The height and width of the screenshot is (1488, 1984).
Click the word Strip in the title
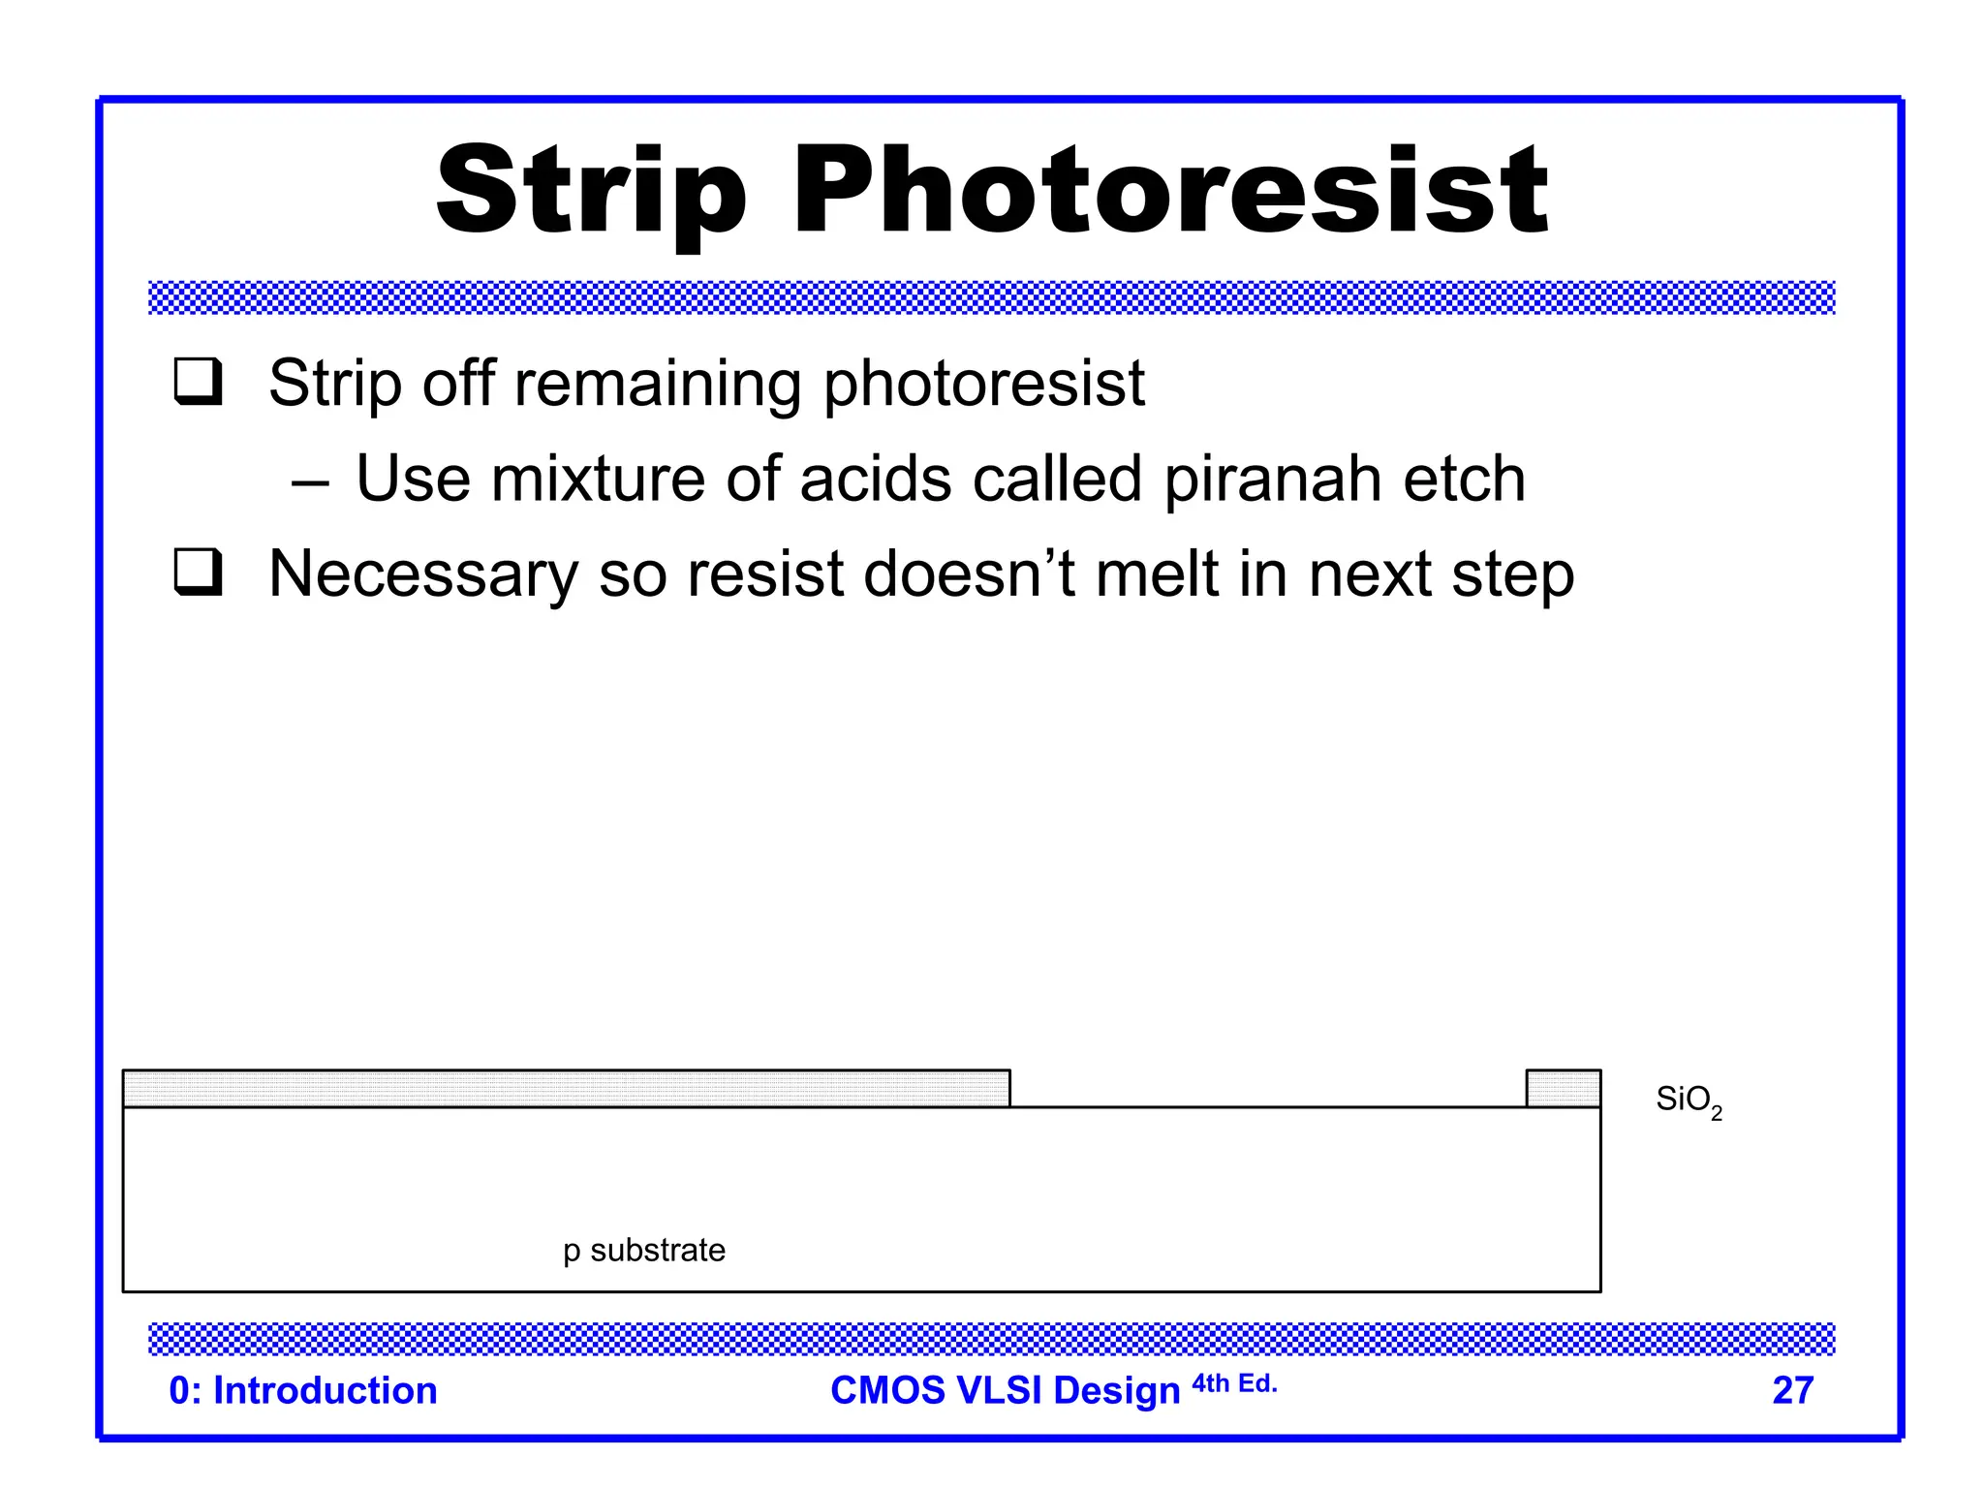[591, 192]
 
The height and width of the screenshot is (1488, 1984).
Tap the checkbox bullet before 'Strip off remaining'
[199, 382]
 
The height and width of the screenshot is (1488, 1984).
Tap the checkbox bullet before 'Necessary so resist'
[199, 573]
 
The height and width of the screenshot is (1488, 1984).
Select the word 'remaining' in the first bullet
[658, 384]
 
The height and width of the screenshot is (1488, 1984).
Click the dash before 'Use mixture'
[310, 480]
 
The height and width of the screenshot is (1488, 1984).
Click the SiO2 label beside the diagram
[1688, 1100]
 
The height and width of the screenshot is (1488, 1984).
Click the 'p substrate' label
[644, 1251]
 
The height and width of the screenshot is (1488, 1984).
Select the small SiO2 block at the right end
[1563, 1089]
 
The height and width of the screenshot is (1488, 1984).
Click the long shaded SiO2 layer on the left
[566, 1089]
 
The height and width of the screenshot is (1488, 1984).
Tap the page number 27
[1792, 1390]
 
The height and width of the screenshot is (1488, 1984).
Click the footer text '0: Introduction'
[303, 1390]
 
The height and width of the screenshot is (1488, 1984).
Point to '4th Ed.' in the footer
[1234, 1383]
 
